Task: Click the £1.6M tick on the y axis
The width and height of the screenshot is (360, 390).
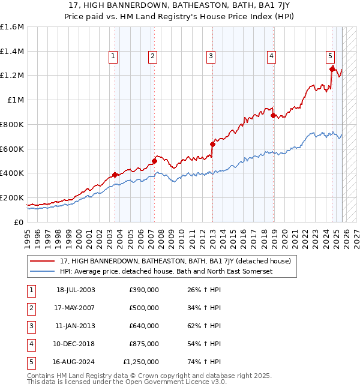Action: click(12, 27)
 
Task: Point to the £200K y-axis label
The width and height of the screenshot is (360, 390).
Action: click(12, 197)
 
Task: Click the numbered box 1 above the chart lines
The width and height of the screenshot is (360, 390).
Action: click(114, 56)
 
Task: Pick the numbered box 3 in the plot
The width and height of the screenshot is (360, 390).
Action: click(211, 56)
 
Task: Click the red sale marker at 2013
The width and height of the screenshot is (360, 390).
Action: click(212, 144)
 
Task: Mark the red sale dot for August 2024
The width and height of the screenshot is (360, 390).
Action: click(332, 69)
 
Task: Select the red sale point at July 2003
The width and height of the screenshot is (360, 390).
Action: click(115, 175)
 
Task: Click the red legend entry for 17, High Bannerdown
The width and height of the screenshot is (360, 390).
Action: click(175, 261)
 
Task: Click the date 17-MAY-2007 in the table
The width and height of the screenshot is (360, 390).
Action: click(76, 308)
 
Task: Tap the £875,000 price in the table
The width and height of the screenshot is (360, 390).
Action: click(143, 344)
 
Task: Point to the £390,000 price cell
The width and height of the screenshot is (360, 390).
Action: click(143, 290)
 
